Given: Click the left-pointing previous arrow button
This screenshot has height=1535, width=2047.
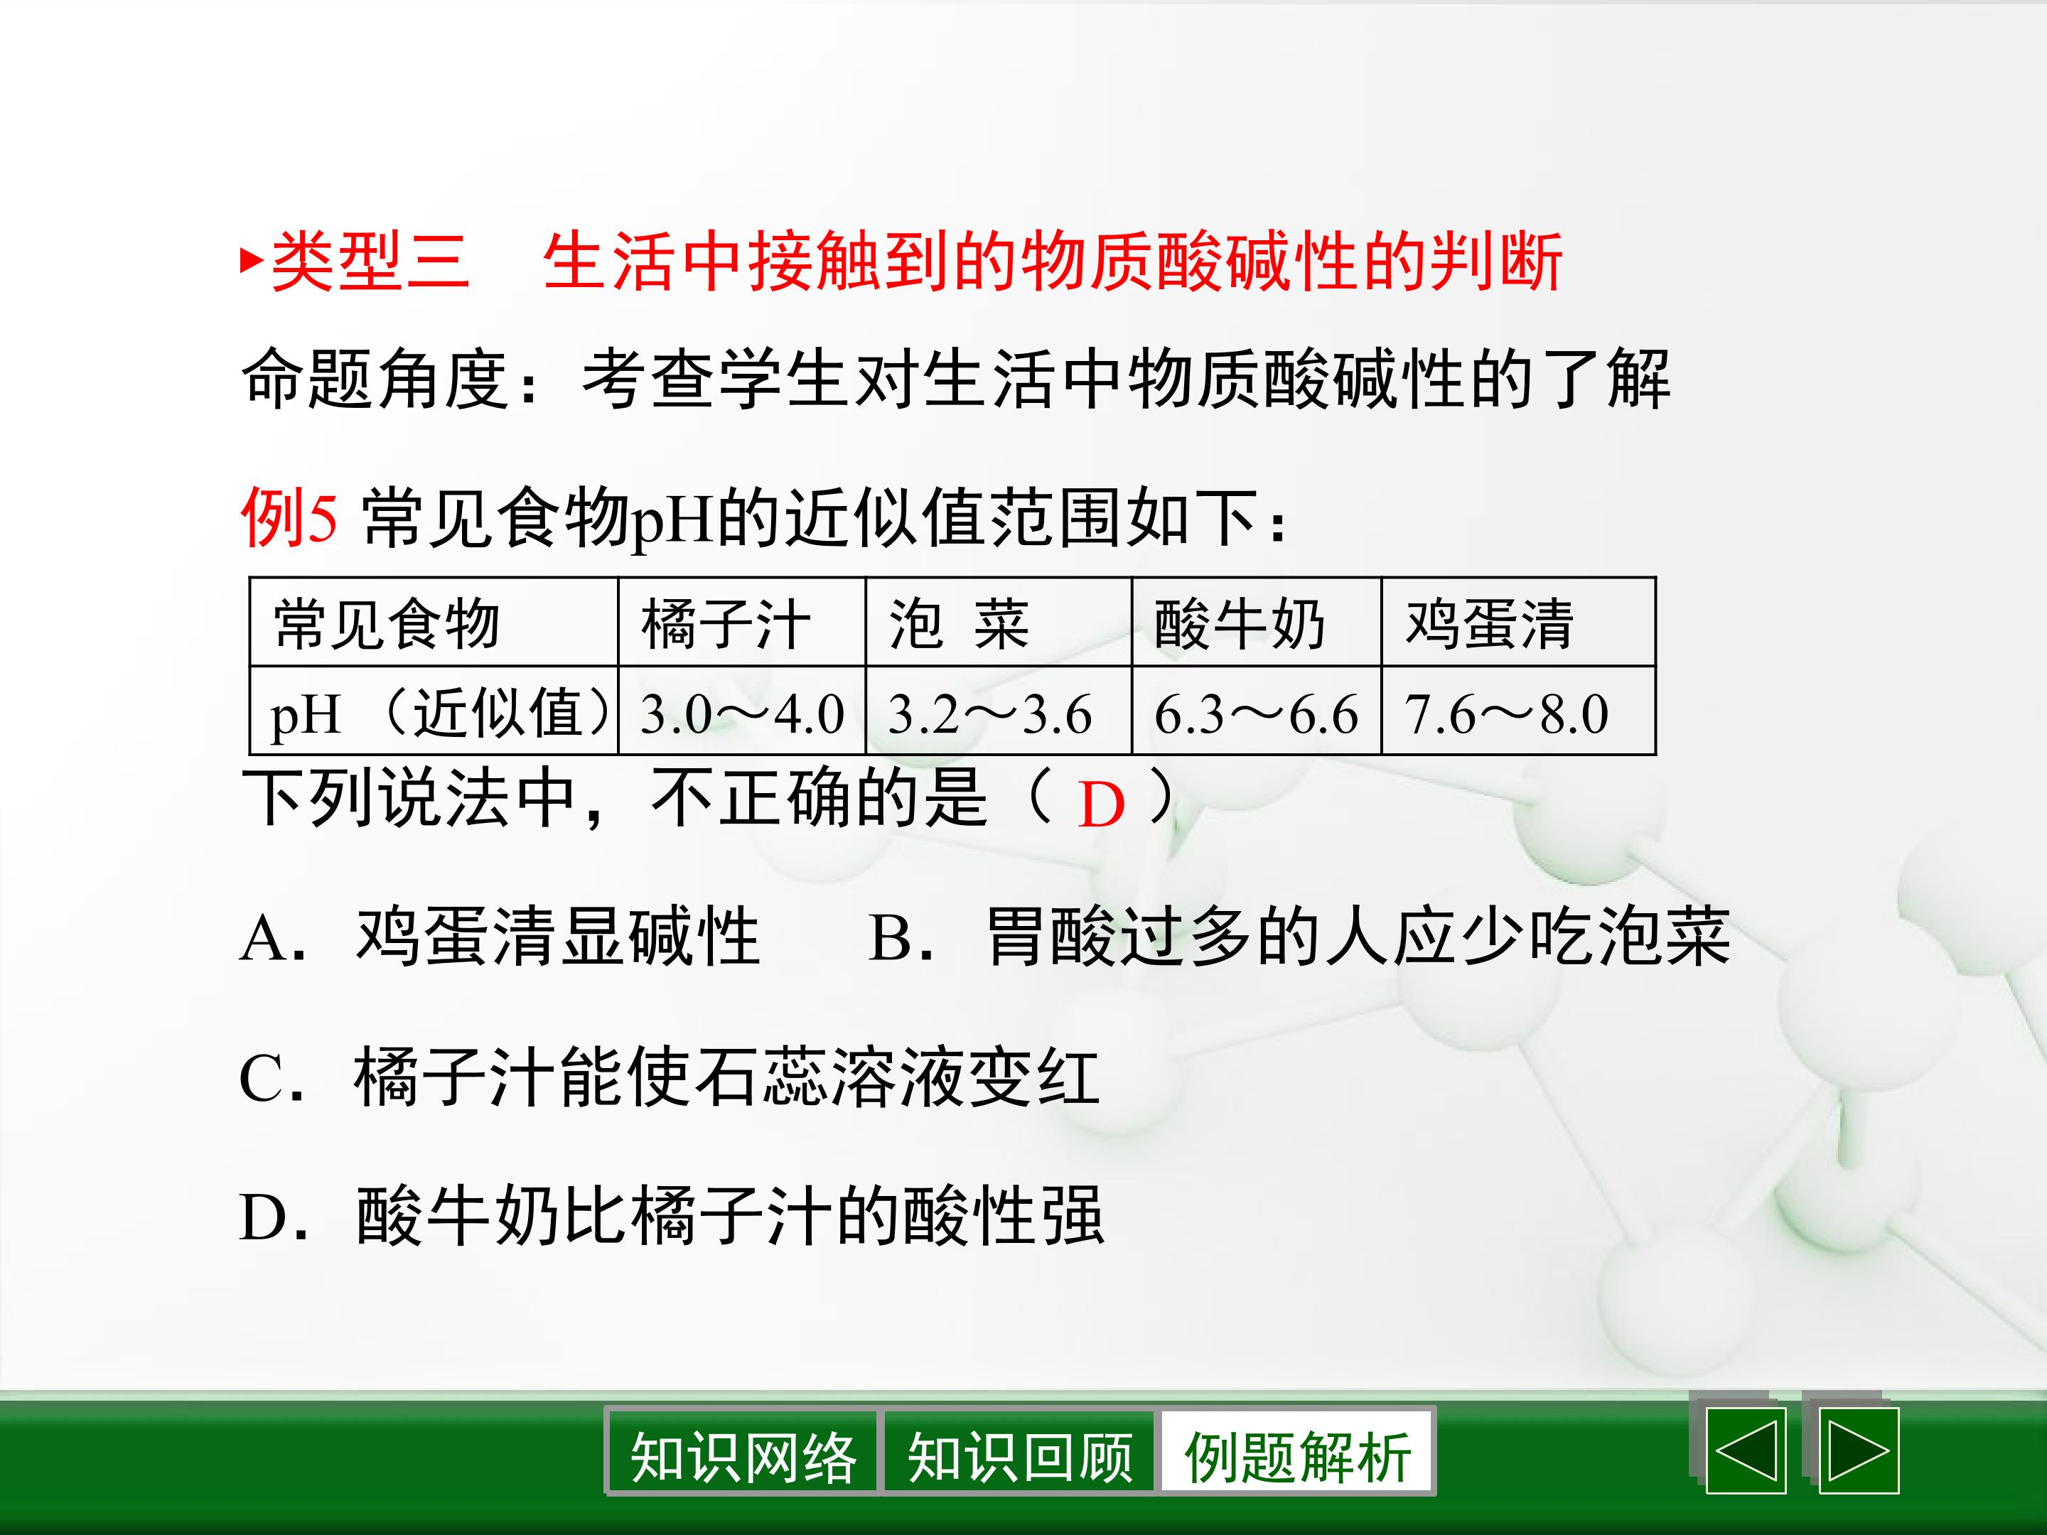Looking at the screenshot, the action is [1746, 1451].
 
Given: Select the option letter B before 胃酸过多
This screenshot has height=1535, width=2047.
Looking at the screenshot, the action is [892, 938].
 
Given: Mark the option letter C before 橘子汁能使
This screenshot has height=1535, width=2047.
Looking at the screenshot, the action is [261, 1079].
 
